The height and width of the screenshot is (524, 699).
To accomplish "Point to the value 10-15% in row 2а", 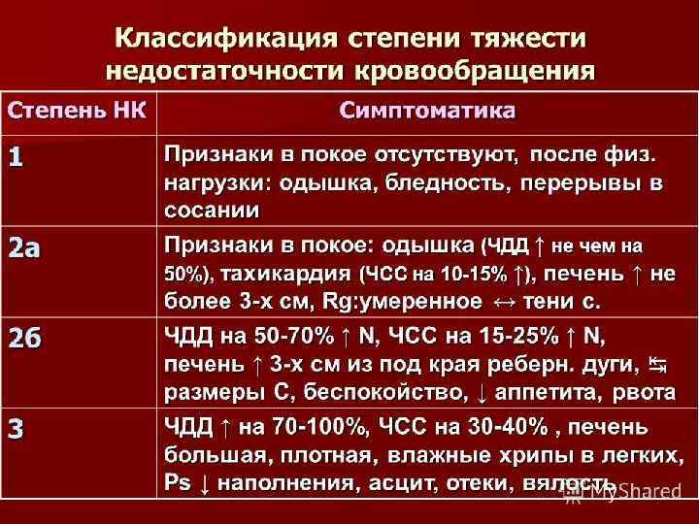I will coord(472,274).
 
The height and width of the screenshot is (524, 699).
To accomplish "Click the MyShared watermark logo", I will coord(622,491).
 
